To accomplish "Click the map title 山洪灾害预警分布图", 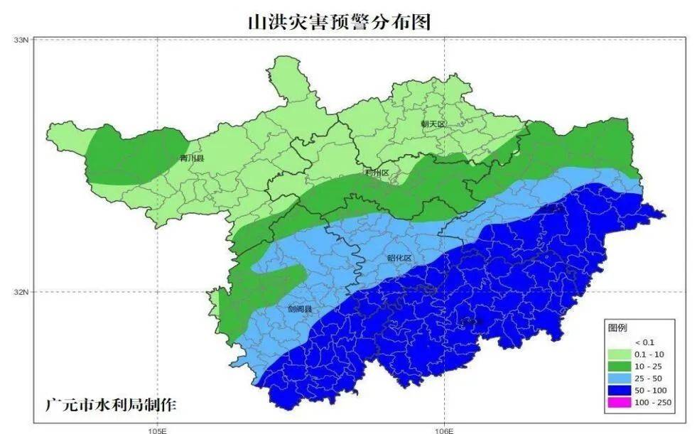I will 339,22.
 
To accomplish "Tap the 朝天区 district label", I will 432,124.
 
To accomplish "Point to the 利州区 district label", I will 377,173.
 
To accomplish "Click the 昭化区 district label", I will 400,258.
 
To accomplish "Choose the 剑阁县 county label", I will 300,310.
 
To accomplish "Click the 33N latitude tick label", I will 21,40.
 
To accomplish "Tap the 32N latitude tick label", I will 21,292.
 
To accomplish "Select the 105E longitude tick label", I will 157,430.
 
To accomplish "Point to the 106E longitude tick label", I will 445,430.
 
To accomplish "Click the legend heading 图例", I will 617,328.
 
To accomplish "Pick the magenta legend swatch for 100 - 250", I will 620,403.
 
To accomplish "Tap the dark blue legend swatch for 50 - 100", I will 620,391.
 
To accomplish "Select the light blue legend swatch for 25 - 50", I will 620,379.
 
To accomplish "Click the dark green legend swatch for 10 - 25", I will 620,367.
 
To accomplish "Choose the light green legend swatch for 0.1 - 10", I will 620,354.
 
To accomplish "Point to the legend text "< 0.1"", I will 644,342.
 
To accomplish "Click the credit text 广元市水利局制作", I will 110,406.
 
